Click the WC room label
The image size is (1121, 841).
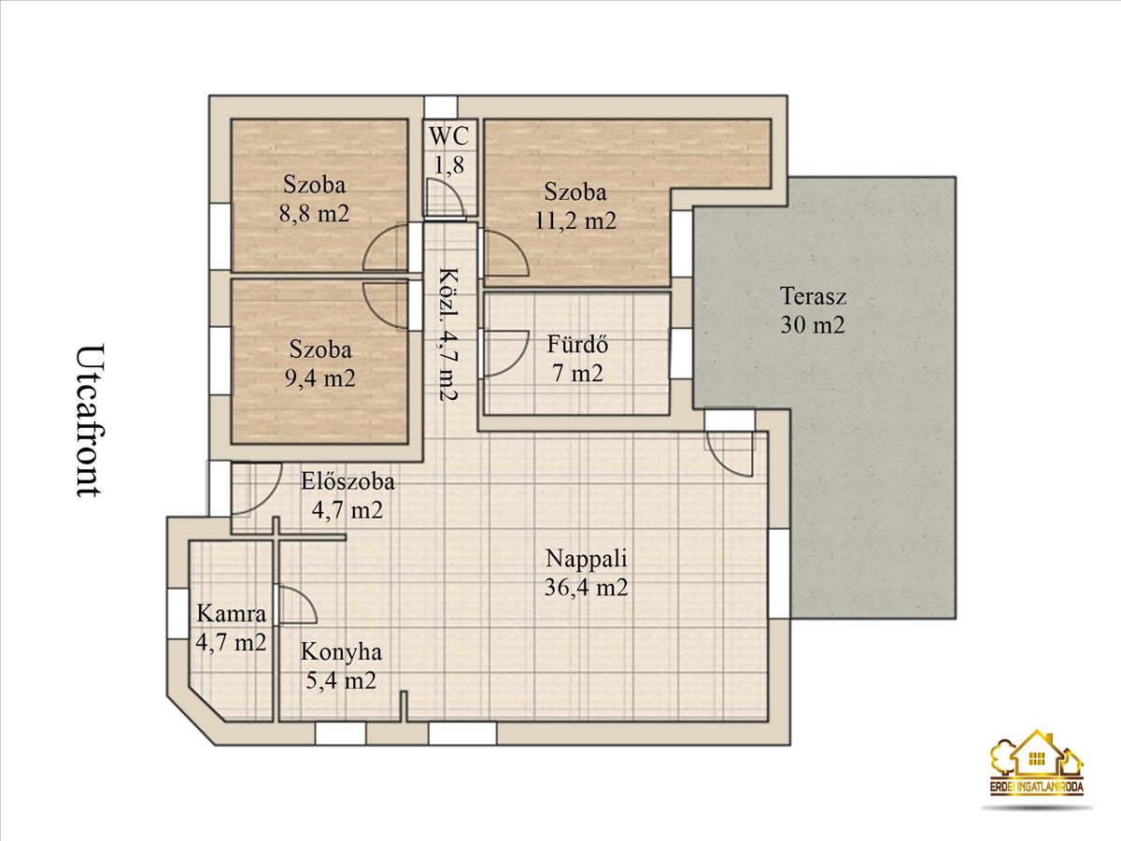pyautogui.click(x=449, y=136)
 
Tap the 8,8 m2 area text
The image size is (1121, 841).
pyautogui.click(x=314, y=212)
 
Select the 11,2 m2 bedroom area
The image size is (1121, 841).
pyautogui.click(x=575, y=221)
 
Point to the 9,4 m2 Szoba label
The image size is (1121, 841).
pyautogui.click(x=320, y=349)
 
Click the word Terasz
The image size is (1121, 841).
pyautogui.click(x=813, y=296)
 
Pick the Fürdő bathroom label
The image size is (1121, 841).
pyautogui.click(x=577, y=344)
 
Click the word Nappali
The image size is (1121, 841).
pyautogui.click(x=586, y=560)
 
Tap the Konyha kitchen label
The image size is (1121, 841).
pyautogui.click(x=341, y=652)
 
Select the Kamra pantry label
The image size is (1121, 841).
pyautogui.click(x=232, y=613)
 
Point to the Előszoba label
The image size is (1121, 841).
pyautogui.click(x=348, y=481)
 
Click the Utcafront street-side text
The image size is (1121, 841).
pyautogui.click(x=91, y=420)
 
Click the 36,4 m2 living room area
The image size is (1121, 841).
pyautogui.click(x=586, y=587)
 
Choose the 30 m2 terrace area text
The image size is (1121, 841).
pyautogui.click(x=813, y=325)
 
